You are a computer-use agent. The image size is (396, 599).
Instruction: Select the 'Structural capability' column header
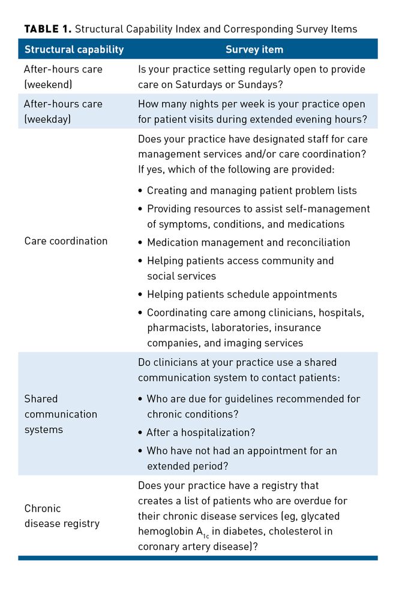tap(74, 49)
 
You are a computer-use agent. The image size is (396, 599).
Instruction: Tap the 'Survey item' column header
tap(254, 49)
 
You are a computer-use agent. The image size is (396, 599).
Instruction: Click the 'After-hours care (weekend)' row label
tap(63, 77)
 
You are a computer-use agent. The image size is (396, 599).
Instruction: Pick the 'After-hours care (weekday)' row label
tap(63, 111)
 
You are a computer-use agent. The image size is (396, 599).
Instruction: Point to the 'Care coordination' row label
tap(66, 241)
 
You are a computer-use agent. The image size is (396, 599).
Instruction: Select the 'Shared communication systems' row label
tap(60, 414)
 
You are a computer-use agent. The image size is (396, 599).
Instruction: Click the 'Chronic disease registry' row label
tap(62, 516)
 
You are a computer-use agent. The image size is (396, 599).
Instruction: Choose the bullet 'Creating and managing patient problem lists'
tap(251, 190)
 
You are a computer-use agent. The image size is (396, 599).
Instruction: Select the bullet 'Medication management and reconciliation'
tap(248, 243)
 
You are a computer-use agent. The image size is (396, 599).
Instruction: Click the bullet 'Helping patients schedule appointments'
tap(242, 294)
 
